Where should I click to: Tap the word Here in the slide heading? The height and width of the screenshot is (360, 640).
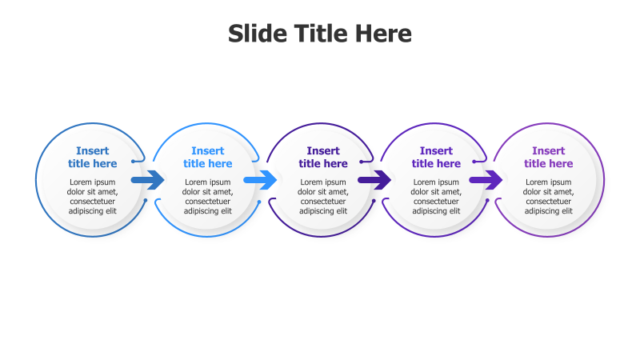381,34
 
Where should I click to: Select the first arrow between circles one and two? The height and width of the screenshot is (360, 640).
148,180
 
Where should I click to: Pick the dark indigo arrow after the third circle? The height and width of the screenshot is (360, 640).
374,180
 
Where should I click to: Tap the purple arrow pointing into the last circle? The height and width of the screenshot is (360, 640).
486,180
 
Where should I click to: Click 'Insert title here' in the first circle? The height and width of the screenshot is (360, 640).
93,157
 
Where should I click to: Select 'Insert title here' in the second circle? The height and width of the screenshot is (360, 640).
208,157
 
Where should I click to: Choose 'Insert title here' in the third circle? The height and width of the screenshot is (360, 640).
323,157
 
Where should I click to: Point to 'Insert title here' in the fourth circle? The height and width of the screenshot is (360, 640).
436,157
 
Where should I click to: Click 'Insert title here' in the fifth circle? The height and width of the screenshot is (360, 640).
549,157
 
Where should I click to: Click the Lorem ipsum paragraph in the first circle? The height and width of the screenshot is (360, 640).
93,197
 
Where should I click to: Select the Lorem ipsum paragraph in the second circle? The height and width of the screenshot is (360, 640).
208,197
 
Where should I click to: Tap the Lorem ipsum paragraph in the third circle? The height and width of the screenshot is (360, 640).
323,197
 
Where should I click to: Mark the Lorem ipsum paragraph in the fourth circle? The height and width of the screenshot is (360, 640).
436,197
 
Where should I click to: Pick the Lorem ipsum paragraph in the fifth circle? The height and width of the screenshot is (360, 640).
549,197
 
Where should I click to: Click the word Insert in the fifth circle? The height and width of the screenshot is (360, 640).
549,150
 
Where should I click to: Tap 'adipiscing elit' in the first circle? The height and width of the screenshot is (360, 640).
93,212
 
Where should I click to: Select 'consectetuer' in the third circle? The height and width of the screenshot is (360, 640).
323,202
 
